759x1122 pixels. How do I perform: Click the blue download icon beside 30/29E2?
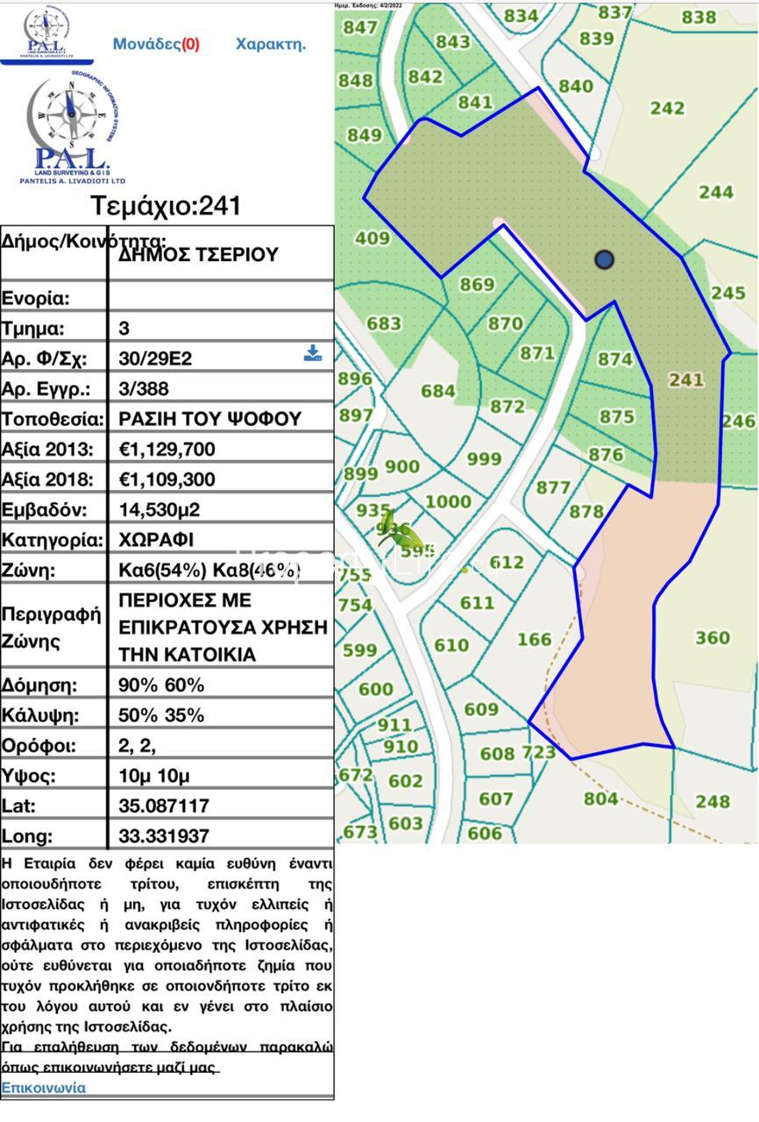click(312, 353)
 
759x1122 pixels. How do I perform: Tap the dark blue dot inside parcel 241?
click(604, 259)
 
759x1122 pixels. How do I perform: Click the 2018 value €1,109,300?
click(167, 479)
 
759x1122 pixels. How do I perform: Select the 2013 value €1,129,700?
click(167, 450)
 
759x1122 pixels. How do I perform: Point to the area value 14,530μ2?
click(159, 510)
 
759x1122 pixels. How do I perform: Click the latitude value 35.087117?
click(164, 806)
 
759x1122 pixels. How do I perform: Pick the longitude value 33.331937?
click(164, 836)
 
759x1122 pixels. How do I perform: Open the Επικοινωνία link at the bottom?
click(44, 1088)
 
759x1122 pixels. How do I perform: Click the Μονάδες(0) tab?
click(156, 44)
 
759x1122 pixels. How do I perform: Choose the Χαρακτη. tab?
click(271, 44)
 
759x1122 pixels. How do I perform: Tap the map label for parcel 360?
click(713, 637)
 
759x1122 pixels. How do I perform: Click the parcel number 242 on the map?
click(667, 108)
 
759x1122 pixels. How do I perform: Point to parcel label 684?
click(438, 391)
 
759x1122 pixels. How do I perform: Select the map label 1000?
click(448, 501)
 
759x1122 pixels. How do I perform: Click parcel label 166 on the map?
click(534, 639)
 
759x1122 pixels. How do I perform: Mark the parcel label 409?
click(372, 238)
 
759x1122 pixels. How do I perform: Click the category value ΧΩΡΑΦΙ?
click(156, 540)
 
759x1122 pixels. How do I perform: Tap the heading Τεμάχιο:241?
click(166, 207)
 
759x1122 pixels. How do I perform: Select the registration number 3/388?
click(144, 388)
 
